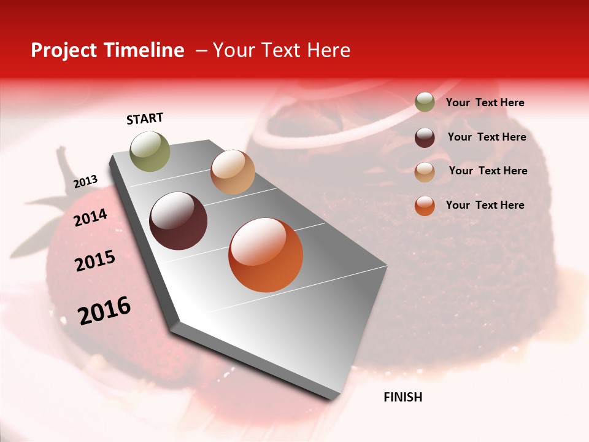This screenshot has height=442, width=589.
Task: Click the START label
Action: pos(145,118)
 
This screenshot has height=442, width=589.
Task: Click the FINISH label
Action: pos(402,397)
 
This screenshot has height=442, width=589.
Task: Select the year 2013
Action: pos(86,182)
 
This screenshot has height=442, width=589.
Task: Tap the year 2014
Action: pos(91,218)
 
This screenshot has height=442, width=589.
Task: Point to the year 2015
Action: pos(95,261)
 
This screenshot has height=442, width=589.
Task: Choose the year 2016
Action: pos(104,311)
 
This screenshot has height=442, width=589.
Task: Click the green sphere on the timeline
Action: pos(150,151)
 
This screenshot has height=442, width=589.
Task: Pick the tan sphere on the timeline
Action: pos(233,172)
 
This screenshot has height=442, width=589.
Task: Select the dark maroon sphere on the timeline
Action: pos(179,221)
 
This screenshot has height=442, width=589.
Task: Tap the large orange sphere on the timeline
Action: pos(266,255)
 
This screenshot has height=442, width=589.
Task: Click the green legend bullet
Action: pos(425,103)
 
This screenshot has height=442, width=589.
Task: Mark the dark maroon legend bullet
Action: pos(425,137)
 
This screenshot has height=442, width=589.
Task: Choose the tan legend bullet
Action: pos(425,171)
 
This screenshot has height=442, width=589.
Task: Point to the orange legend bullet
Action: pos(425,206)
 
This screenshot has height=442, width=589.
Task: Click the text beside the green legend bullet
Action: pos(485,103)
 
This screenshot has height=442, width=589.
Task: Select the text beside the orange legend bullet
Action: pos(485,205)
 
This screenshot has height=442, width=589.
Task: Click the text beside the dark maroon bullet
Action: pos(487,137)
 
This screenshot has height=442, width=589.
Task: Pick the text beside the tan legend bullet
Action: pos(488,171)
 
